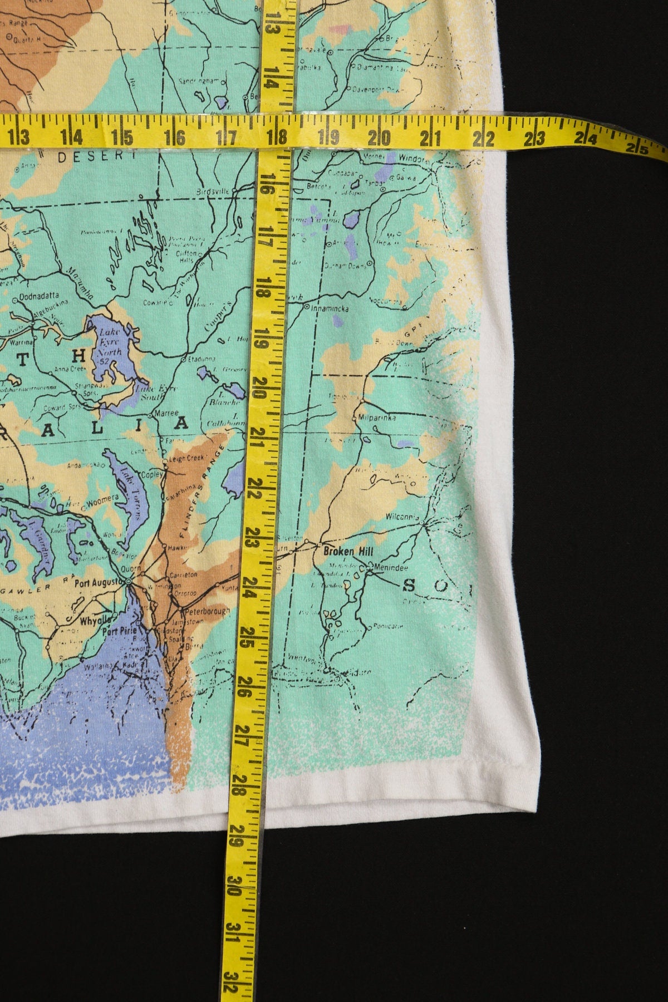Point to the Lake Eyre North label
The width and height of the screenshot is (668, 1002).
110,344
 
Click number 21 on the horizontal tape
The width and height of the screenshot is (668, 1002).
432,135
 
